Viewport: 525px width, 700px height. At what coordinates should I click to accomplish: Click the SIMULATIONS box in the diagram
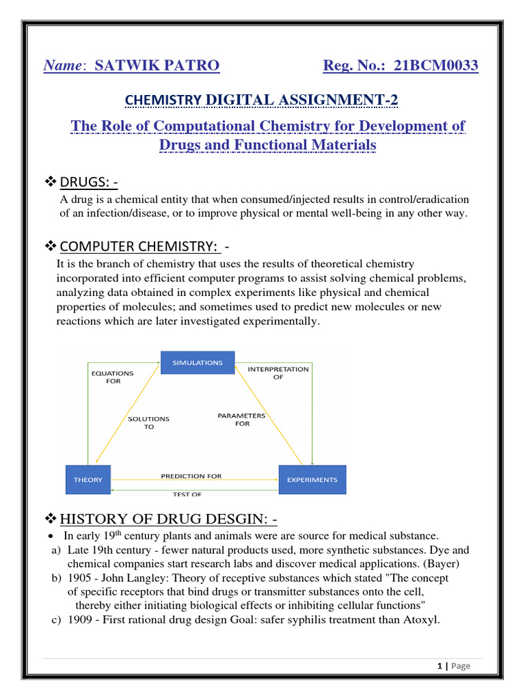point(198,362)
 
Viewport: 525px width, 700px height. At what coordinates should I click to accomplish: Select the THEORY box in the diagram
point(88,479)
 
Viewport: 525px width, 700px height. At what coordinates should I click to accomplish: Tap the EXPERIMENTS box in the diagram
point(312,479)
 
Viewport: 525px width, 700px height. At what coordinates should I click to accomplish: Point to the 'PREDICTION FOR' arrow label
point(191,476)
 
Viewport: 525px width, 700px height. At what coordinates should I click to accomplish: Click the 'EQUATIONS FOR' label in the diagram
point(113,377)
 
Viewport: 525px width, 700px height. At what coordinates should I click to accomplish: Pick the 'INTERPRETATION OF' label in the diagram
point(278,373)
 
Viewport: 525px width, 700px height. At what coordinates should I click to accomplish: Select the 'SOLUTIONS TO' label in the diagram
point(149,422)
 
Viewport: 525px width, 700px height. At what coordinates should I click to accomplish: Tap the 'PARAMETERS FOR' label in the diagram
point(241,419)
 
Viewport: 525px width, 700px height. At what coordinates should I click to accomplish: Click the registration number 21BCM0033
point(431,66)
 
